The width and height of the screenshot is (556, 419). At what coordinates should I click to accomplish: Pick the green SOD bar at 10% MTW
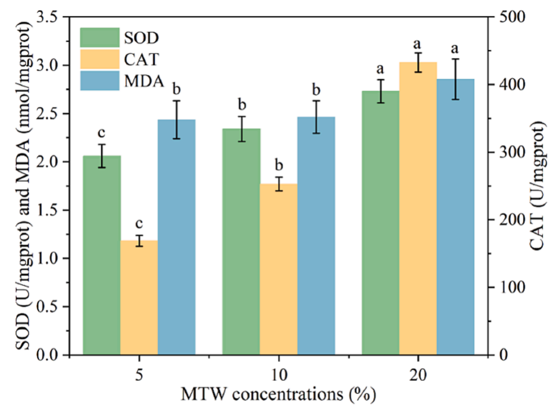(x=241, y=242)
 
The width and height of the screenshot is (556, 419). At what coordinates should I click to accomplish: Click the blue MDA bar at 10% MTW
(x=316, y=236)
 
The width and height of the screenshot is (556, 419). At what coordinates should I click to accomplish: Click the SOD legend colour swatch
(x=99, y=38)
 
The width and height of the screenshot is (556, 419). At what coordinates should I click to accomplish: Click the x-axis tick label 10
(x=279, y=374)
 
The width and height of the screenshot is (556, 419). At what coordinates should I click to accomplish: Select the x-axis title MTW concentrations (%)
(x=279, y=393)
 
